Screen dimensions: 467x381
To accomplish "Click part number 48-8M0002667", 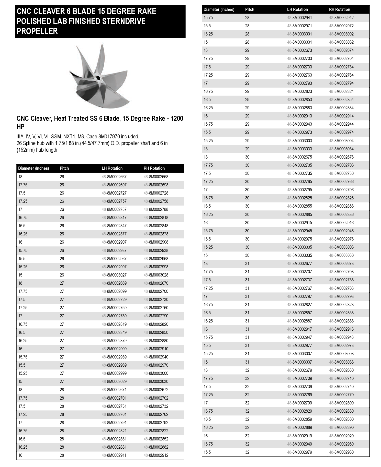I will [114, 177].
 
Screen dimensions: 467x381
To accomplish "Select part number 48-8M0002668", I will [156, 177].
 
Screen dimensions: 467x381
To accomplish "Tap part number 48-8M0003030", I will [156, 381].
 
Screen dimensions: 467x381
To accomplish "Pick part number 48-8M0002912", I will [156, 455].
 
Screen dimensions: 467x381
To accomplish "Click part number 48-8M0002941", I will [299, 18].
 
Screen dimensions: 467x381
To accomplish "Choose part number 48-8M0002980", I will [341, 452].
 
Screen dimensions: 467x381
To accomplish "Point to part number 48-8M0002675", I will [299, 157].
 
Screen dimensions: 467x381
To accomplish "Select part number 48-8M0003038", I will [341, 362].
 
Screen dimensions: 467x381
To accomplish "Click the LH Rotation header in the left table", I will [112, 168].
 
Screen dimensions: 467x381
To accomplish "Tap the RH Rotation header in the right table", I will [339, 9].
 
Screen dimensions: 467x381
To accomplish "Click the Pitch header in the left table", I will [64, 168].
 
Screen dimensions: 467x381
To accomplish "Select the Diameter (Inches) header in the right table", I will [219, 9].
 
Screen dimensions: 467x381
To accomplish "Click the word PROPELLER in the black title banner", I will [37, 31].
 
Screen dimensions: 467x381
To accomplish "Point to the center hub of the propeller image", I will [98, 77].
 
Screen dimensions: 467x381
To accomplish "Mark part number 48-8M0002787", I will [114, 209].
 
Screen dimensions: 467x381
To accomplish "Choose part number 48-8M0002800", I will [341, 403].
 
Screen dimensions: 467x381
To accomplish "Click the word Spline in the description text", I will [29, 143].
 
